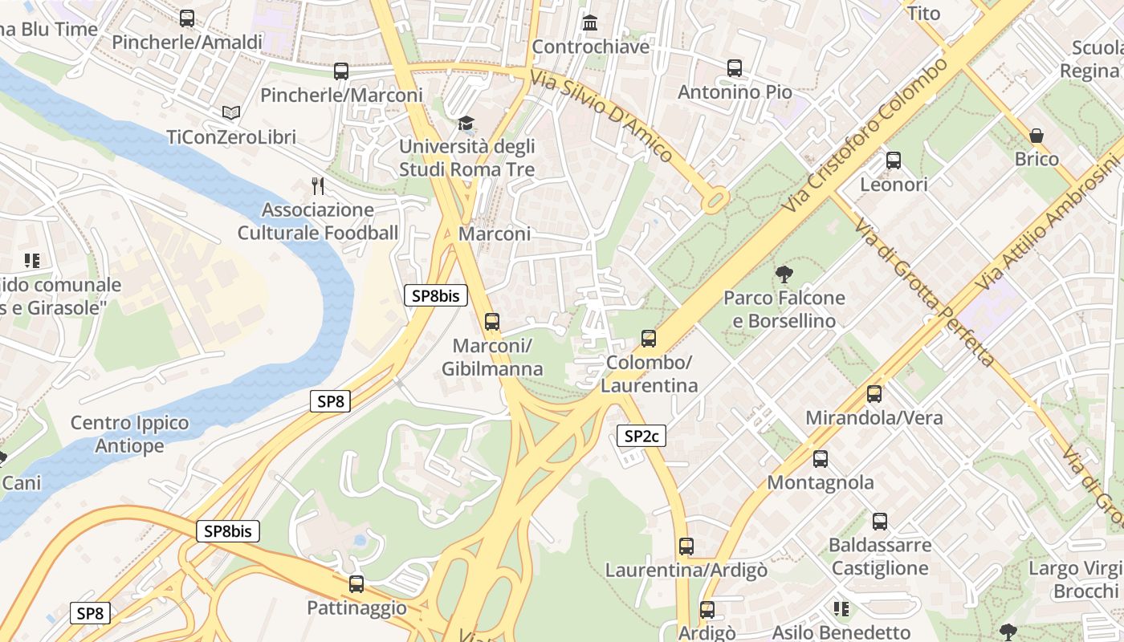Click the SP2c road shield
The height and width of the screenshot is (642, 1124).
[641, 436]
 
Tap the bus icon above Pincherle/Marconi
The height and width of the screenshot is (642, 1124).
[341, 71]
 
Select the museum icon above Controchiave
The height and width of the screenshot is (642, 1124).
[590, 22]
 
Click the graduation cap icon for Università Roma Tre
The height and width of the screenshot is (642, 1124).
[466, 123]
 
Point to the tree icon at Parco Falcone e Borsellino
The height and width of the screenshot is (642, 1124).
[784, 274]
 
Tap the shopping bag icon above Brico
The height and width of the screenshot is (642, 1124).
[1036, 135]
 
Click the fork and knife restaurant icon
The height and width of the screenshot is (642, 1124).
[318, 186]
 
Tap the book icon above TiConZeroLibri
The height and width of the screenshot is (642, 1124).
[231, 113]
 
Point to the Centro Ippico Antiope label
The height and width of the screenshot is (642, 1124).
[130, 434]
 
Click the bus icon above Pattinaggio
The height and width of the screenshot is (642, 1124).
[356, 584]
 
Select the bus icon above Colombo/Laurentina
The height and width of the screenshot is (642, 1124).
[649, 339]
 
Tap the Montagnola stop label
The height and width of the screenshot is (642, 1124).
[821, 482]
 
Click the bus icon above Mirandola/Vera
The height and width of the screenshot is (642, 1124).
[874, 394]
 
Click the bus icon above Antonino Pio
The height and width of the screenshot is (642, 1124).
[735, 68]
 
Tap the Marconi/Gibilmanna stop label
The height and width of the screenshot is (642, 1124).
[492, 357]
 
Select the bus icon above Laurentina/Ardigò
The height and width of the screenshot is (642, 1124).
[686, 547]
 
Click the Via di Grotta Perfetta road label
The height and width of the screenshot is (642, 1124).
[923, 293]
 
